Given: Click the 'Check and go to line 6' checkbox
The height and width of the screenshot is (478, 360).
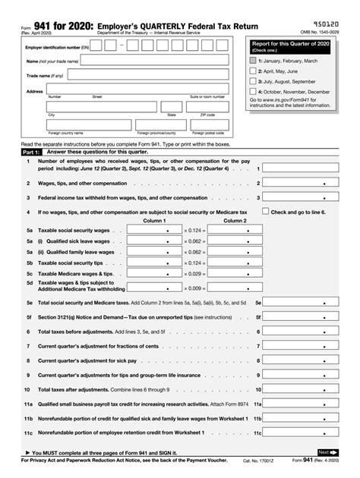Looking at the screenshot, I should tap(265, 212).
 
